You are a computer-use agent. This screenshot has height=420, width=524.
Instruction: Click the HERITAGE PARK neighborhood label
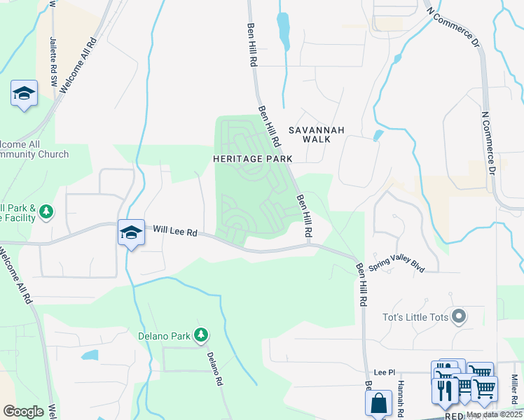point(252,159)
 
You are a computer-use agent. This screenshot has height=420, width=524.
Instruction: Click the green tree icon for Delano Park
point(201,335)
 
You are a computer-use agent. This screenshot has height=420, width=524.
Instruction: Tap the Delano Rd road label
point(214,368)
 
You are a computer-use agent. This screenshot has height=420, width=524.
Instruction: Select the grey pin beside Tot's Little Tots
point(459,317)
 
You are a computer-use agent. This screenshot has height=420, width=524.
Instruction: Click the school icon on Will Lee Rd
point(131,233)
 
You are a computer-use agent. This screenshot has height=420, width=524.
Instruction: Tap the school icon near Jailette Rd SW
point(24,94)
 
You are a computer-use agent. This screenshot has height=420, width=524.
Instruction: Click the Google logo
point(23,412)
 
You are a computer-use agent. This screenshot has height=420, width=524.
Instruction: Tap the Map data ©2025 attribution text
point(493,414)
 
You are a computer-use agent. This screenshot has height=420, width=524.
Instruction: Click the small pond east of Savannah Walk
point(378,134)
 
